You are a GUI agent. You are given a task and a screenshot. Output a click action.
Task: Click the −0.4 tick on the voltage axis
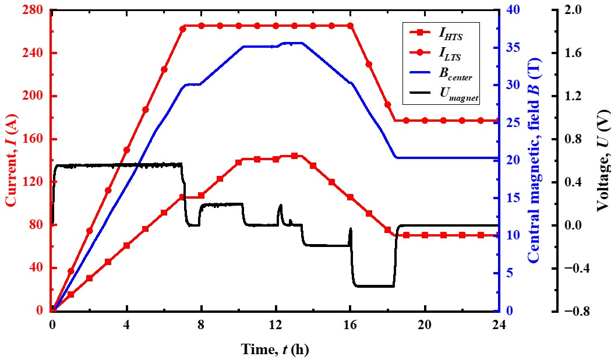point(572,268)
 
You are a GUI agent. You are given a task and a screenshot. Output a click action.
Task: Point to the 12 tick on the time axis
point(276,324)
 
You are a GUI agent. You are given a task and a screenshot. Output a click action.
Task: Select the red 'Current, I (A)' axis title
point(11,160)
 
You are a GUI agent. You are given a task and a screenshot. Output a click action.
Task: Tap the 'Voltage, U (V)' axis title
point(602,160)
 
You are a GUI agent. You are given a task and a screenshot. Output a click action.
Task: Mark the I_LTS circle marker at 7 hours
point(183,29)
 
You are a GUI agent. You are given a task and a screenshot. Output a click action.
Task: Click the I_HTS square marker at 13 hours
point(294,156)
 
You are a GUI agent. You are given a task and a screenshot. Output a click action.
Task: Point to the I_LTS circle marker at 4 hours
point(126,150)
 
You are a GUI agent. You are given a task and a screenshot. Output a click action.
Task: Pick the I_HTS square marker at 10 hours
point(238,163)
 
